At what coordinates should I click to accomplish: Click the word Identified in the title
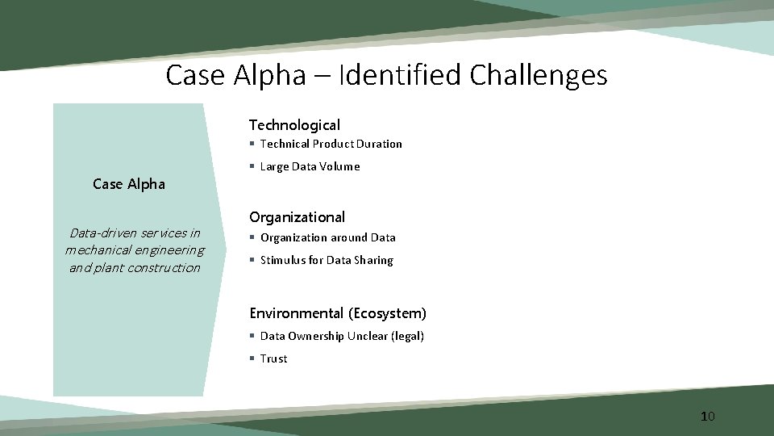pos(399,76)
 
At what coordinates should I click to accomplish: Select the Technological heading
pos(294,125)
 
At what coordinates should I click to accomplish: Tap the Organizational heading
pos(297,217)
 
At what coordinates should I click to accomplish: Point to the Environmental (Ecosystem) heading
pos(338,313)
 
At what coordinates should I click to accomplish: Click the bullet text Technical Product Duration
pos(331,144)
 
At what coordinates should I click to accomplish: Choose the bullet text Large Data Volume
pos(310,167)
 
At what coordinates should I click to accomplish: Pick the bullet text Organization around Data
pos(327,237)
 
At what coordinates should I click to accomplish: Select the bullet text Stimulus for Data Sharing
pos(327,260)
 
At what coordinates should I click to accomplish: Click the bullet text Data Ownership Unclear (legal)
pos(342,336)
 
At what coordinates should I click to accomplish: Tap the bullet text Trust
pos(273,358)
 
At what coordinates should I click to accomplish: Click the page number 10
pos(707,417)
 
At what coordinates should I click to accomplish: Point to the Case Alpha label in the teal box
pos(129,184)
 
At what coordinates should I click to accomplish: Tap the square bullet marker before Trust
pos(252,358)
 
